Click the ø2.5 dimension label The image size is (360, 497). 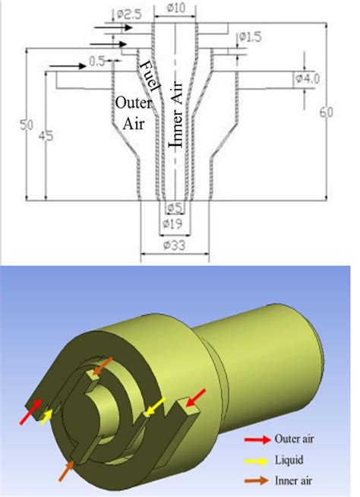coord(128,14)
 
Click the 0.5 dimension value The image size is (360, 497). coord(97,60)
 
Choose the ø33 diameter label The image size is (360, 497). coord(175,246)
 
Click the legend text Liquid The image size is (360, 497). coord(290,461)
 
